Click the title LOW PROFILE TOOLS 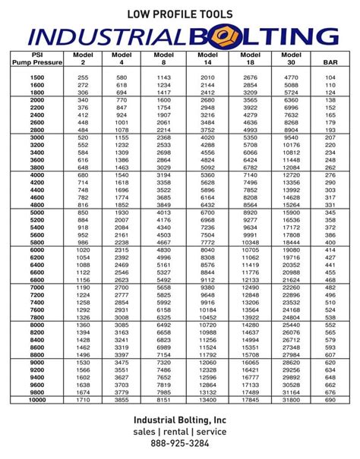coord(179,13)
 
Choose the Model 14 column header coord(207,58)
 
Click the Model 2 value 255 coord(83,77)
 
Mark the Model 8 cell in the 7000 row coord(164,288)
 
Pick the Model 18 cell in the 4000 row coord(250,175)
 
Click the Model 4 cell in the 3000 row coord(122,137)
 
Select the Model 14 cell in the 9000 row coord(207,363)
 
